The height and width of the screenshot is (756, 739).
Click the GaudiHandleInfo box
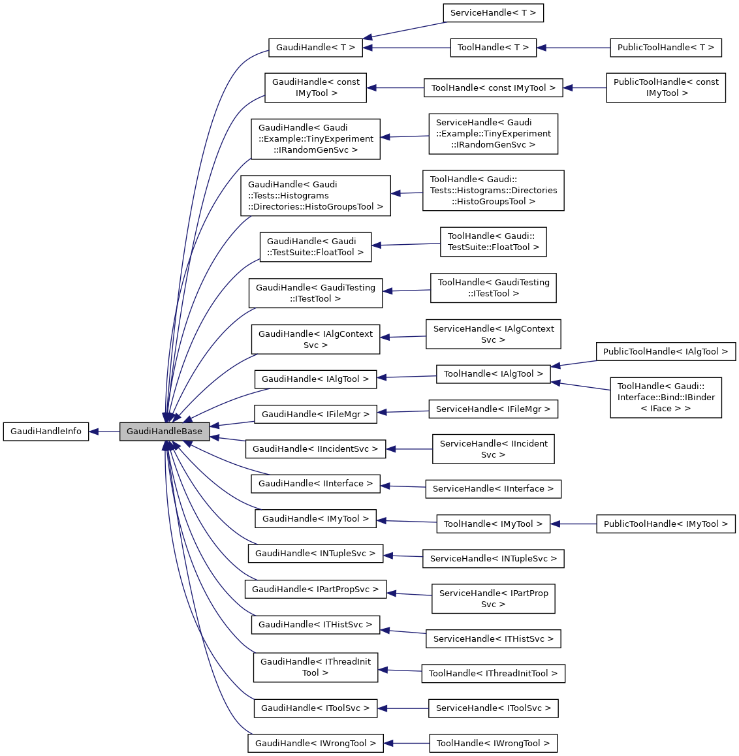pyautogui.click(x=46, y=432)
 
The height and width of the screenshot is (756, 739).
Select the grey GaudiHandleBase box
pyautogui.click(x=165, y=432)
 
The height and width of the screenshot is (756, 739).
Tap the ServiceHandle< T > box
pyautogui.click(x=493, y=13)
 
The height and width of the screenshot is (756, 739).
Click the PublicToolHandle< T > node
pyautogui.click(x=665, y=48)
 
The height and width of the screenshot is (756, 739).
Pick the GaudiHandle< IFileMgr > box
pyautogui.click(x=315, y=414)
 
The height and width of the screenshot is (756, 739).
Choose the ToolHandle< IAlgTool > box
pyautogui.click(x=493, y=374)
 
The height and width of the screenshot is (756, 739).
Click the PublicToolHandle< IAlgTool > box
pyautogui.click(x=665, y=352)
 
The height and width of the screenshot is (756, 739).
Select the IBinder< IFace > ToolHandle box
pyautogui.click(x=665, y=398)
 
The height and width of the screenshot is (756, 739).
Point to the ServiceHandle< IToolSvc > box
pyautogui.click(x=493, y=708)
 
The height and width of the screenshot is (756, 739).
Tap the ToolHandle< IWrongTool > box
pyautogui.click(x=493, y=744)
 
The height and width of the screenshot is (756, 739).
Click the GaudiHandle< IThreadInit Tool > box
pyautogui.click(x=315, y=667)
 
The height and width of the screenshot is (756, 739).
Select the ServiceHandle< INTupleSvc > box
pyautogui.click(x=493, y=559)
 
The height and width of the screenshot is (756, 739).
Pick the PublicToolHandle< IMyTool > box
pyautogui.click(x=665, y=524)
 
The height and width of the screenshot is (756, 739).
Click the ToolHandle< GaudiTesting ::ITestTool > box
pyautogui.click(x=493, y=288)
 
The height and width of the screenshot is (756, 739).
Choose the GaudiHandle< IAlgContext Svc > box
pyautogui.click(x=315, y=339)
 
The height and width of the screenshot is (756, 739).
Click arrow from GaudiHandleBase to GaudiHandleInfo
pyautogui.click(x=104, y=432)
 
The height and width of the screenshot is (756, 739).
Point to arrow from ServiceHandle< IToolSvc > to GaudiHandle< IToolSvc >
pyautogui.click(x=403, y=708)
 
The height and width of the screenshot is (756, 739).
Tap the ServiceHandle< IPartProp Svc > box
pyautogui.click(x=493, y=599)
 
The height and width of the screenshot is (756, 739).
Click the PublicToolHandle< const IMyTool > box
pyautogui.click(x=665, y=87)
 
